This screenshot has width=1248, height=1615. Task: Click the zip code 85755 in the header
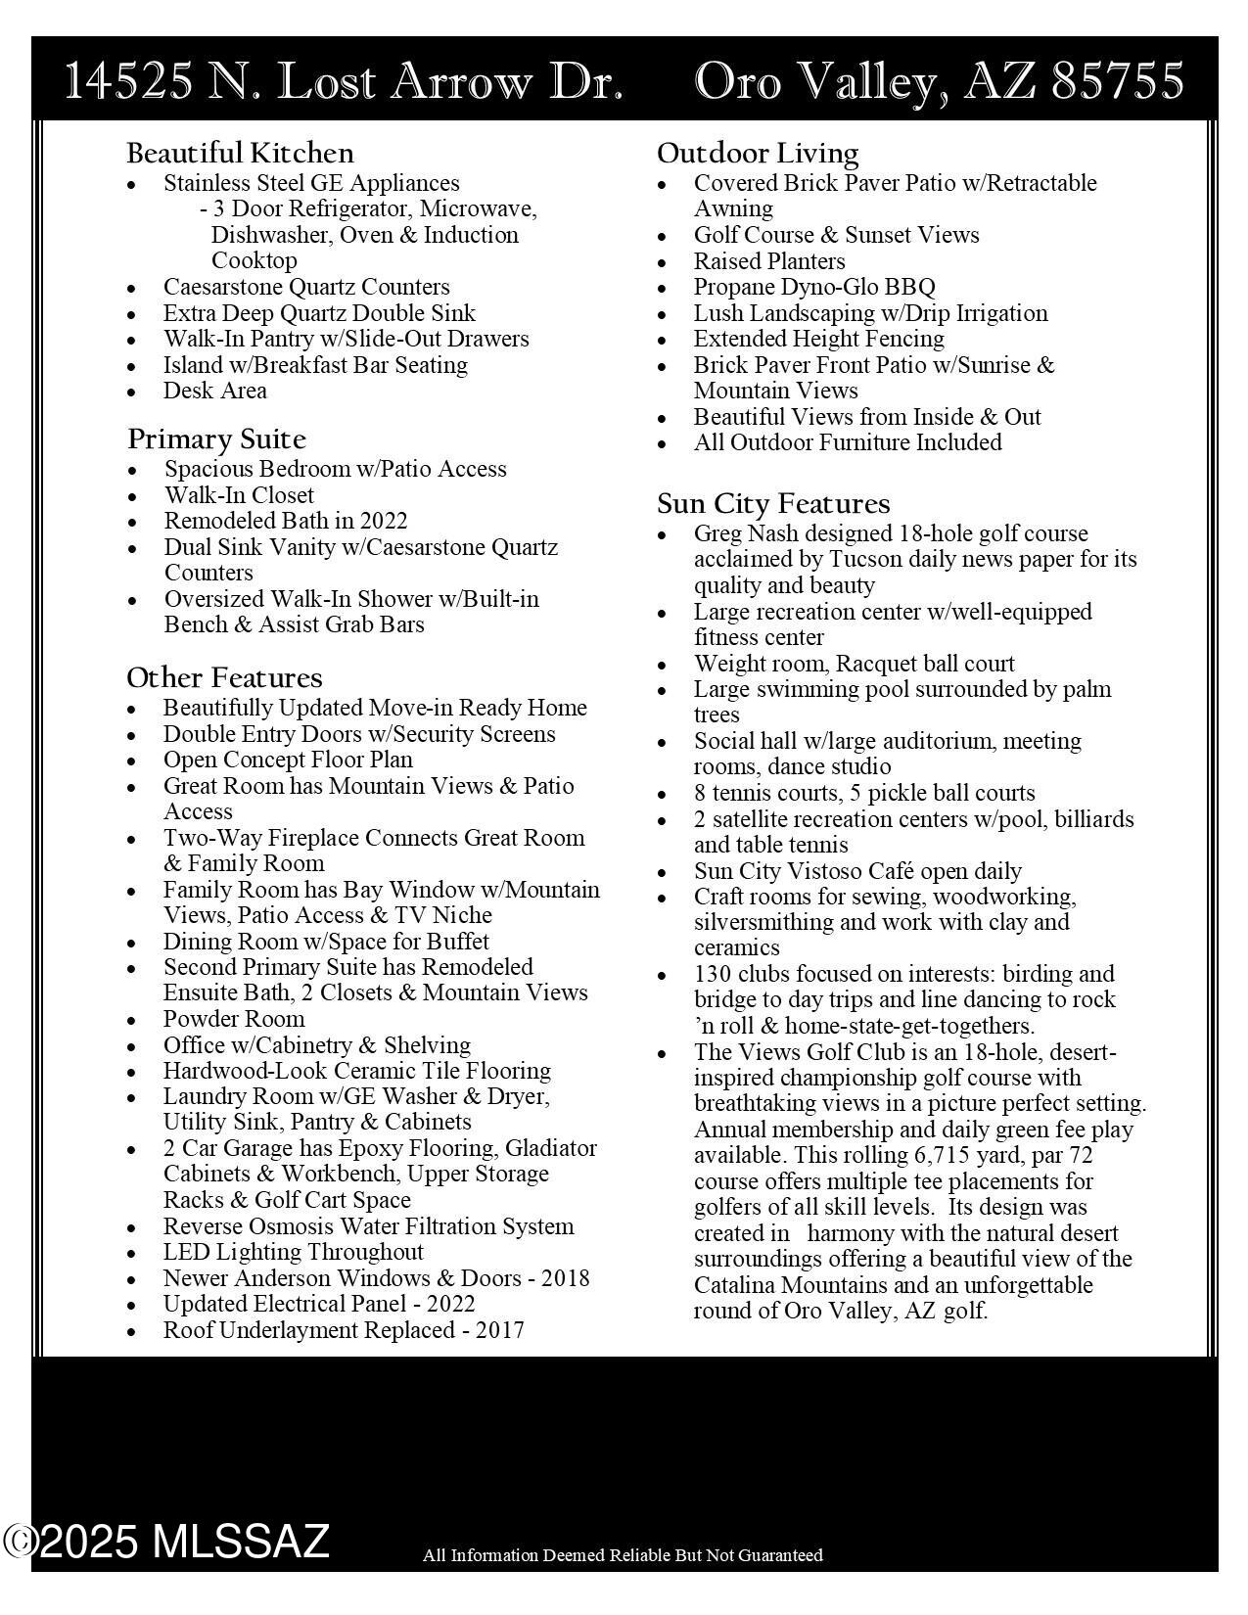[x=1118, y=81]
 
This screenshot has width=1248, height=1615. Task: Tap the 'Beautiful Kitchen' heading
[x=240, y=154]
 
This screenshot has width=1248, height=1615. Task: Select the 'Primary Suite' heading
[x=216, y=439]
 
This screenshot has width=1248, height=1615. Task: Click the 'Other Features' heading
[x=224, y=678]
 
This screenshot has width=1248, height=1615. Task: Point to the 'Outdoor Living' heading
[x=758, y=154]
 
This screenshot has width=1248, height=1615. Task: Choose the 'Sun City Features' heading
[x=773, y=504]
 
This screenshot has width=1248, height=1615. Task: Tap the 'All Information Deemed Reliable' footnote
[x=623, y=1555]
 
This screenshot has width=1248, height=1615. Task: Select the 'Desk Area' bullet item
[x=214, y=391]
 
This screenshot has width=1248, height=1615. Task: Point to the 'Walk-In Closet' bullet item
[x=239, y=495]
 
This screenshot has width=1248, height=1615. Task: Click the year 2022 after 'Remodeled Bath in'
[x=384, y=521]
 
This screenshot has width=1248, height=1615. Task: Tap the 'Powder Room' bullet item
[x=233, y=1019]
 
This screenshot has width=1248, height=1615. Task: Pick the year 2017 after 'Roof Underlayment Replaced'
[x=500, y=1330]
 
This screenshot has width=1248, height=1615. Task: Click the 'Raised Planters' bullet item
[x=769, y=261]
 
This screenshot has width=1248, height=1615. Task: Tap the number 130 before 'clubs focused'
[x=713, y=974]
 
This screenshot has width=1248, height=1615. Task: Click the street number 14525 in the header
[x=128, y=81]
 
